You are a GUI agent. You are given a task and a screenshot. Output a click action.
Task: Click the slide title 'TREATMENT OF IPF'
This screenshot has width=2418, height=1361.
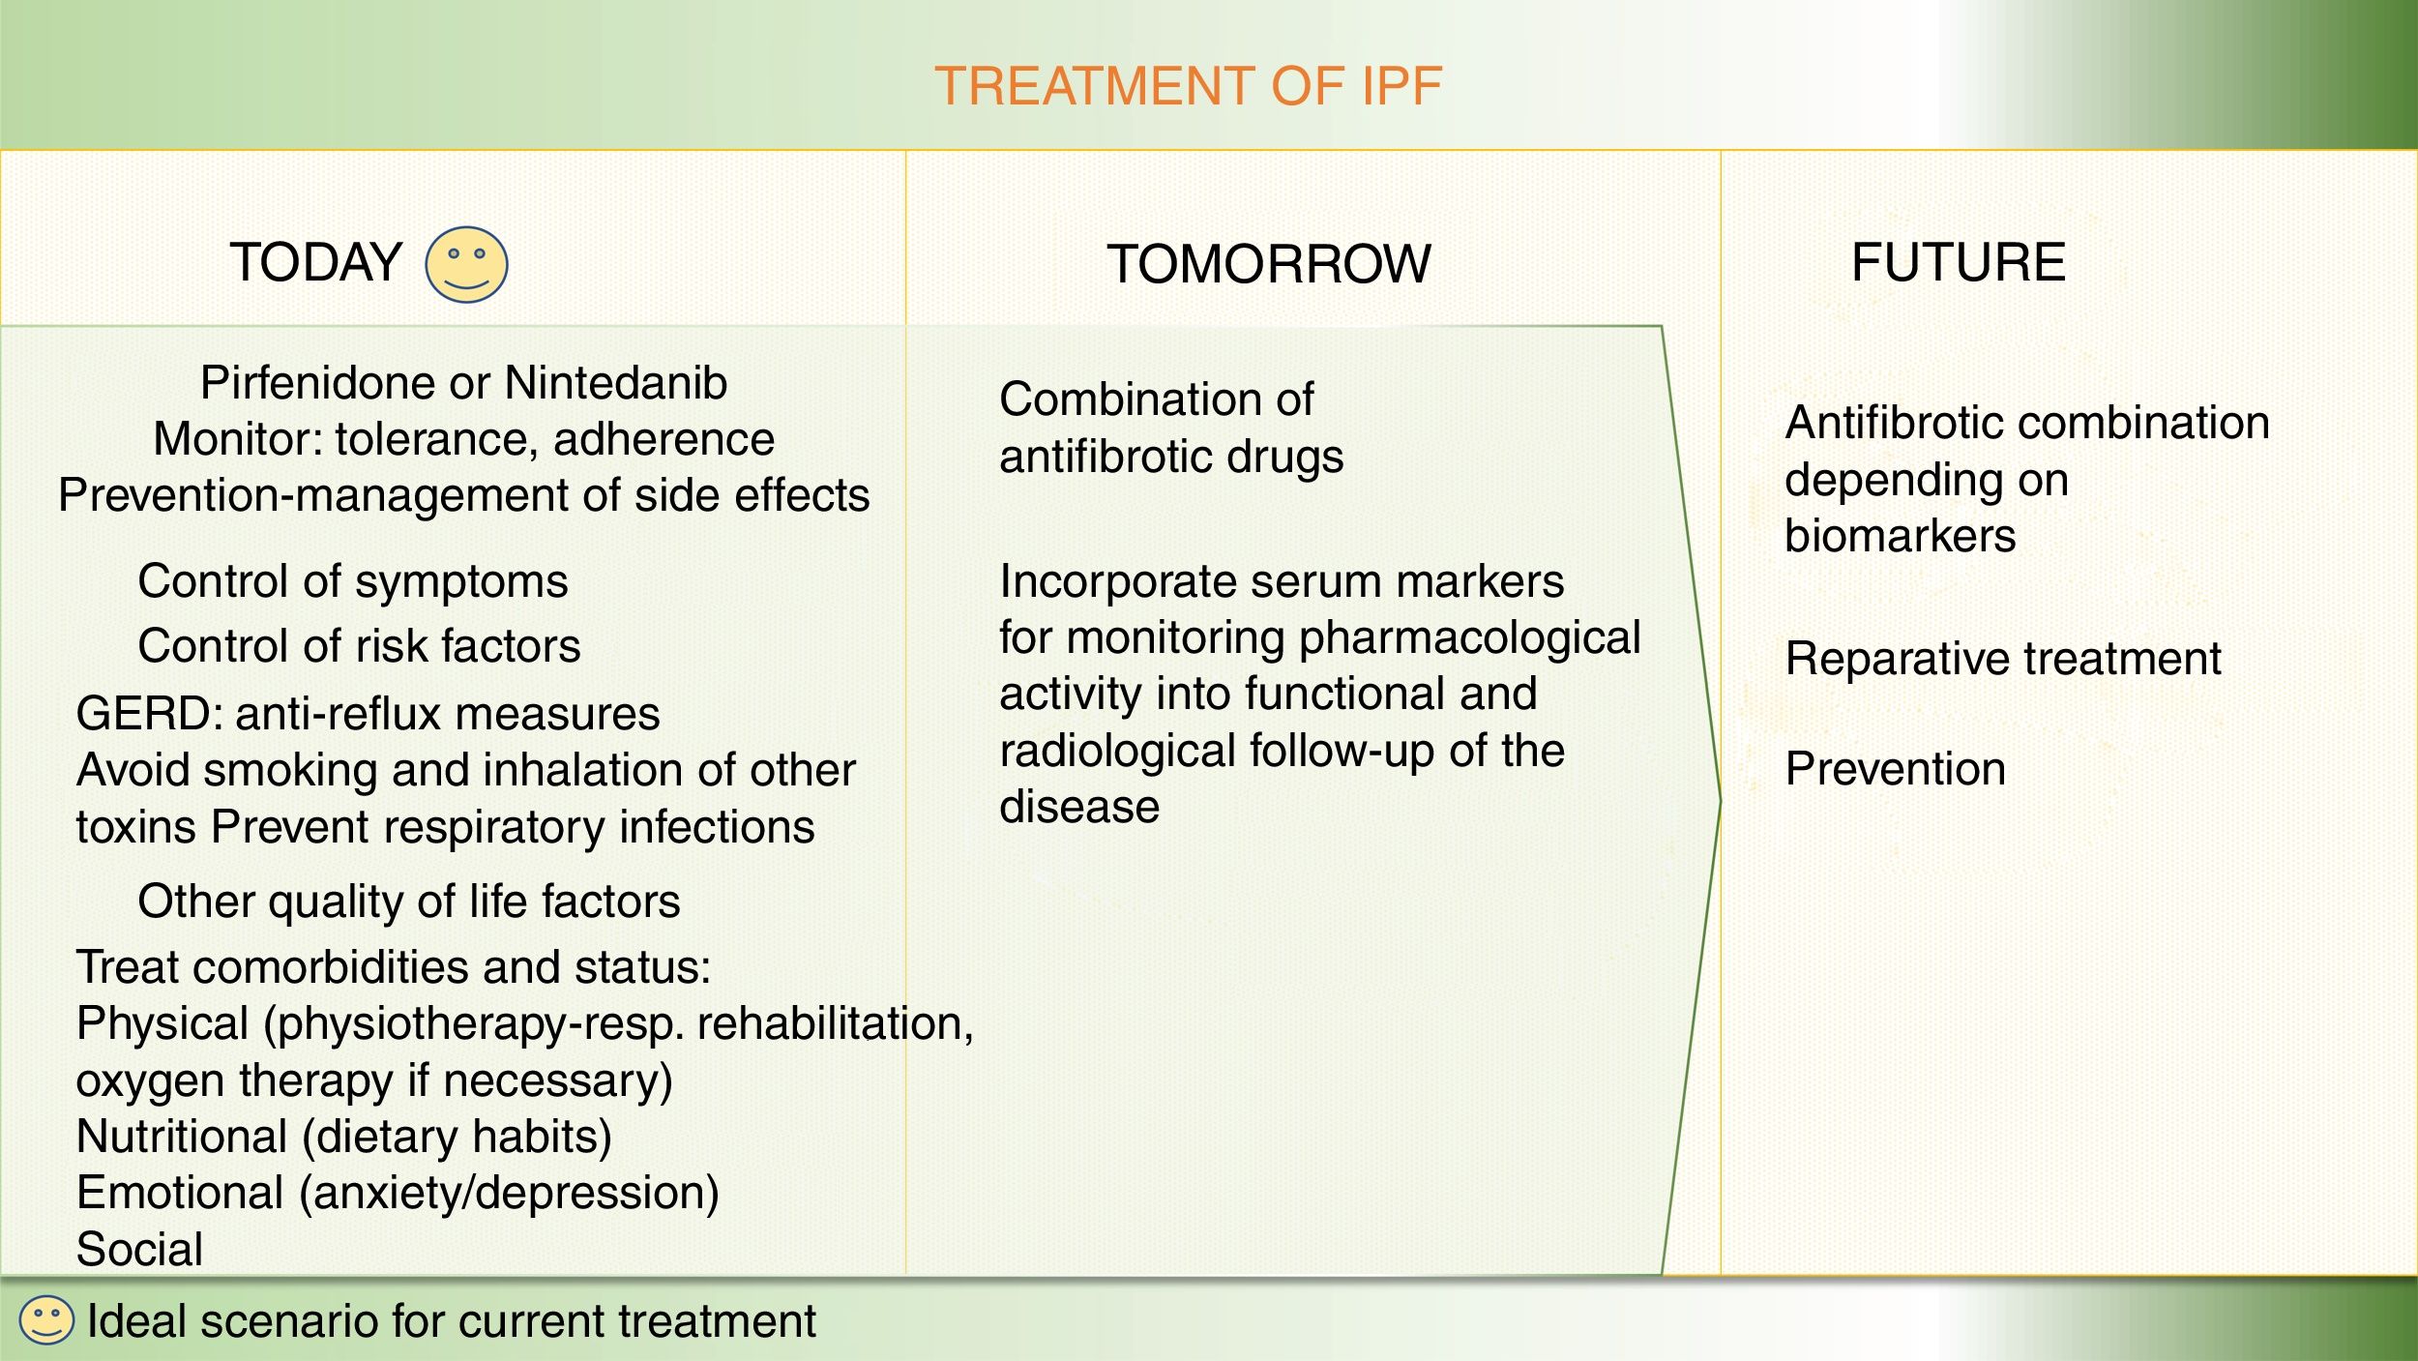coord(1188,86)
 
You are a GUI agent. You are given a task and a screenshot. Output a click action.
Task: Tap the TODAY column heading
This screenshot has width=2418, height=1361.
coord(315,262)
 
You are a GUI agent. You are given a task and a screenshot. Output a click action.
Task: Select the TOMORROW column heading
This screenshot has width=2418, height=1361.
coord(1269,264)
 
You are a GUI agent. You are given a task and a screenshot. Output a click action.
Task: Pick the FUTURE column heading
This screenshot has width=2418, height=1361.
coord(1959,262)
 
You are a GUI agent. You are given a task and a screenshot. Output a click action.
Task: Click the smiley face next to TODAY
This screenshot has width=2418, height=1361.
coord(466,264)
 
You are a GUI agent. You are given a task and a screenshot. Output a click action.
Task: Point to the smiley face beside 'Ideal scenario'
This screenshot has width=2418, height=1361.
coord(46,1320)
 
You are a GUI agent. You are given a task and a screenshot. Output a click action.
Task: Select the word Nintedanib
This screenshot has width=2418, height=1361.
coord(616,383)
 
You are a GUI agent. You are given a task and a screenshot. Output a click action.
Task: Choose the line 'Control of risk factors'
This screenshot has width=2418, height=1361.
coord(359,646)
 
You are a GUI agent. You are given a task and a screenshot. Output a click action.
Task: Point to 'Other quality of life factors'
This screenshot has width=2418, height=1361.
coord(409,902)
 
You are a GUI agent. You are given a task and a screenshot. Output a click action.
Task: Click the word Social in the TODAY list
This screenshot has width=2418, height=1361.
coord(140,1249)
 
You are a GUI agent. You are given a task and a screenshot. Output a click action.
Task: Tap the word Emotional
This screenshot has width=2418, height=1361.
coord(180,1193)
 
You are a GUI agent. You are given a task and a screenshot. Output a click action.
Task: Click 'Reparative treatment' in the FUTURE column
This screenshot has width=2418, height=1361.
coord(2003,660)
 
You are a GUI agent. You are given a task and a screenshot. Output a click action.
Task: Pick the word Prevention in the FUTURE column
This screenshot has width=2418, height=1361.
coord(1896,769)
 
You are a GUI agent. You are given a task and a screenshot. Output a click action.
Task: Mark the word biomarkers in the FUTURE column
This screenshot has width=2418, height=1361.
coord(1901,536)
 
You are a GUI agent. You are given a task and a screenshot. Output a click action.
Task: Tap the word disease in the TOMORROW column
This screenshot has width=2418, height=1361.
coord(1079,807)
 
